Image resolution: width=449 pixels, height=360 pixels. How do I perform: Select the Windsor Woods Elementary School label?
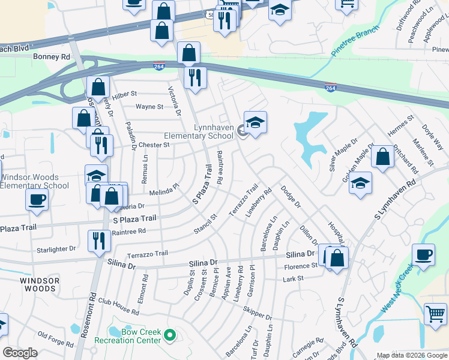tap(34, 181)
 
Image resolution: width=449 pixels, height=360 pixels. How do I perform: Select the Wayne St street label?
tap(149, 107)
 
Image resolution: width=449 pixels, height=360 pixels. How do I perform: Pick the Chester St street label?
tap(154, 145)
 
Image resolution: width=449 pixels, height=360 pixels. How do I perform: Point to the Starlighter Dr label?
tap(56, 248)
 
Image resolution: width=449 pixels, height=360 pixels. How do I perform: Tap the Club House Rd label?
tap(118, 306)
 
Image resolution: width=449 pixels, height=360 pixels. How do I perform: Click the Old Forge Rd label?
tap(55, 340)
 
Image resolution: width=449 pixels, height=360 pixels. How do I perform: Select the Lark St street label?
tap(293, 279)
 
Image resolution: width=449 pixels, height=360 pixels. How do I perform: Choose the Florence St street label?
tap(301, 266)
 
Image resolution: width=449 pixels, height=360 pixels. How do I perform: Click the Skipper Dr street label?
tap(258, 313)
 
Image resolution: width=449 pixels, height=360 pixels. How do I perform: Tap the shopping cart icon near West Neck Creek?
tap(436, 314)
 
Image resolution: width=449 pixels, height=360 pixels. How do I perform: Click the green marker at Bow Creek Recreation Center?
tap(170, 335)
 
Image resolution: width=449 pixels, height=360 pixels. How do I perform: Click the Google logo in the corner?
tap(20, 353)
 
